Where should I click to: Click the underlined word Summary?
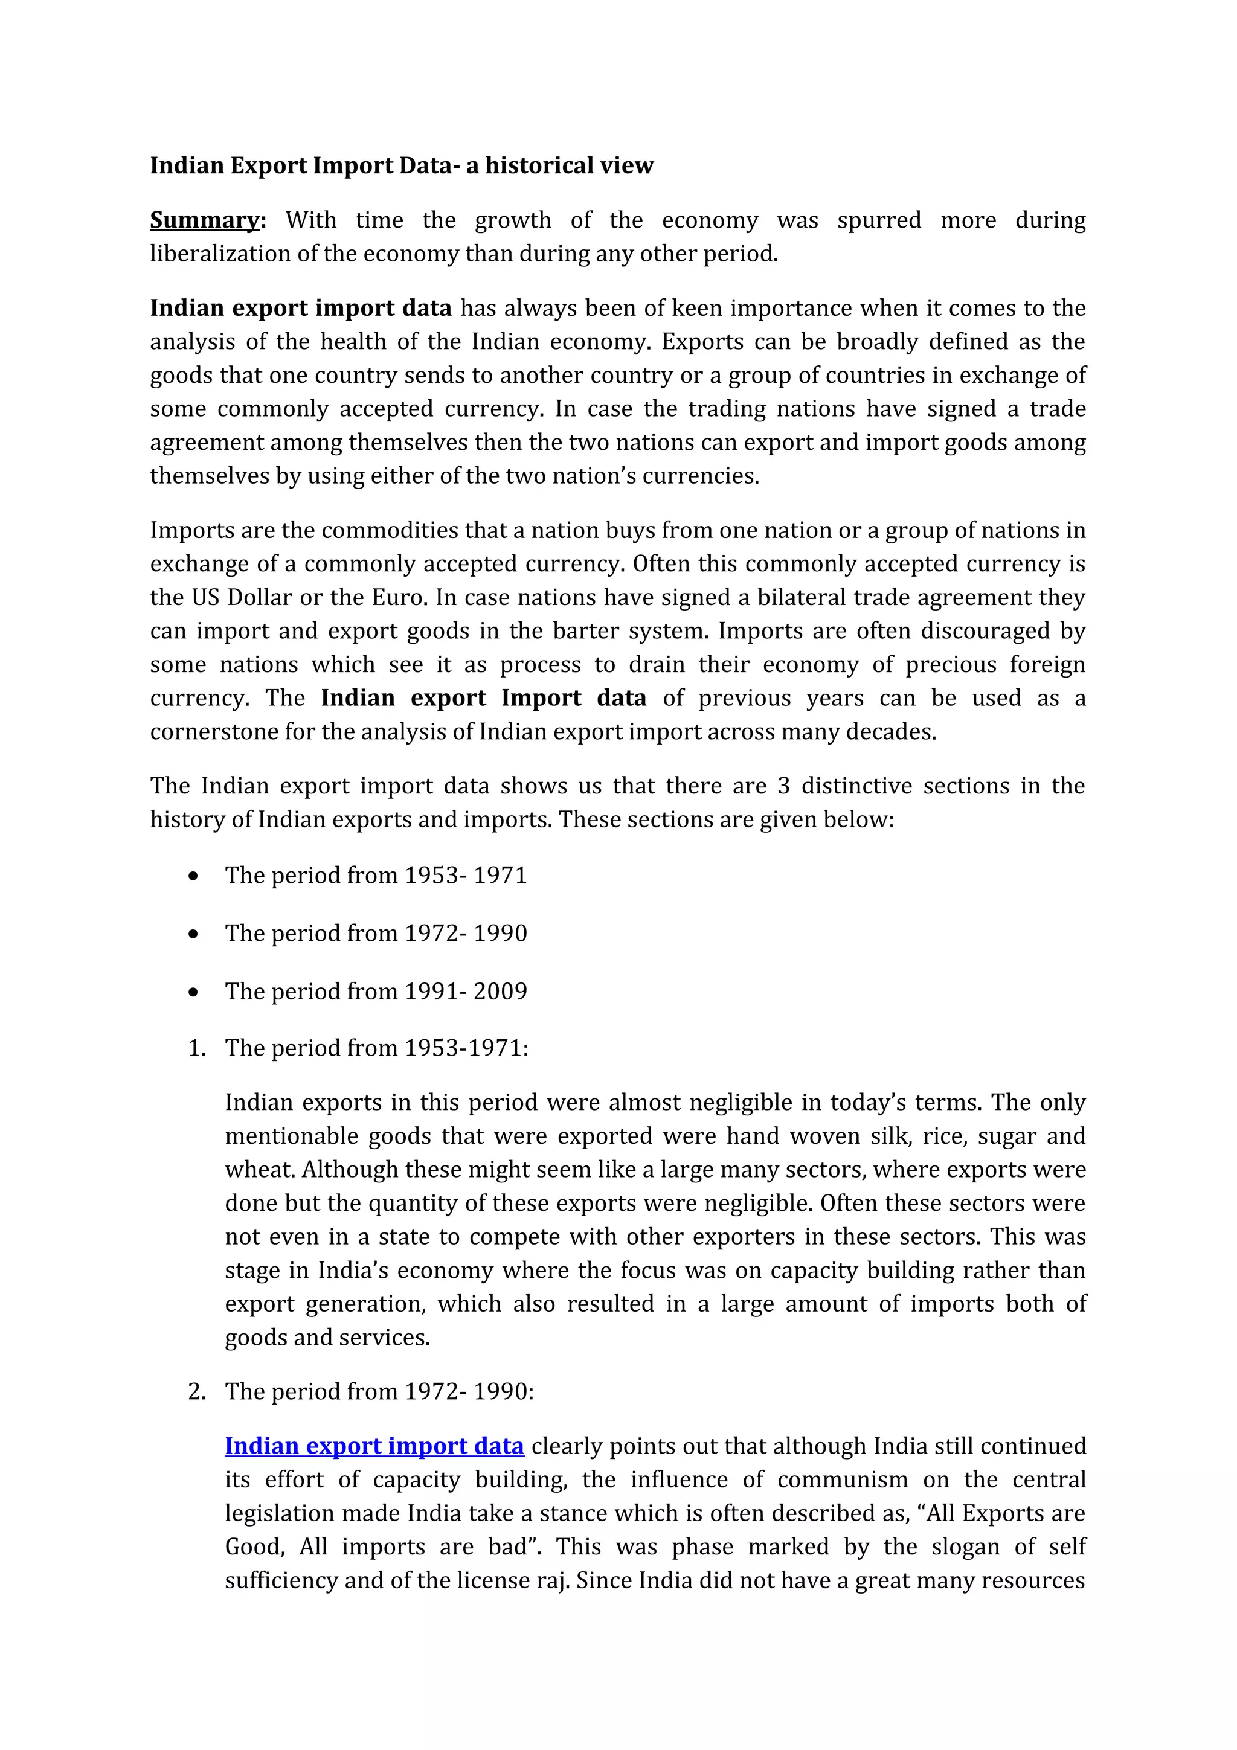coord(204,220)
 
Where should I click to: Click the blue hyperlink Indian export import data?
coord(374,1446)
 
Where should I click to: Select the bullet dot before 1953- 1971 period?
coord(194,876)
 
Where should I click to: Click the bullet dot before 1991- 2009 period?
coord(194,992)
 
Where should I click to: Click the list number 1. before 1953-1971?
coord(197,1048)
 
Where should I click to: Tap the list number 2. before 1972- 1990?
coord(197,1392)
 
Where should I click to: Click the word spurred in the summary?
coord(879,220)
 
